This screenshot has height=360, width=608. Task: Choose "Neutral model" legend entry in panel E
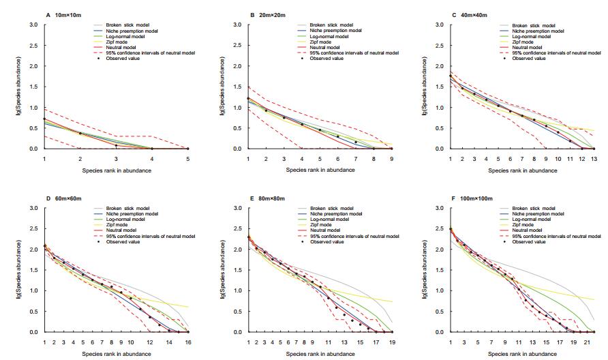point(327,230)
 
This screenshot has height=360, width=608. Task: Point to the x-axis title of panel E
point(320,353)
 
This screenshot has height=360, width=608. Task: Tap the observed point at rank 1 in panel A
point(44,119)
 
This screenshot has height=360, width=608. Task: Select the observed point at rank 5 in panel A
point(188,149)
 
